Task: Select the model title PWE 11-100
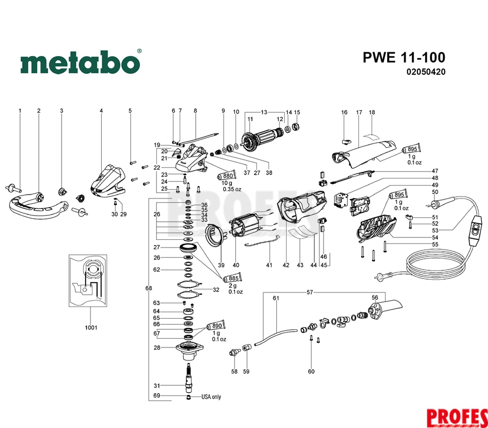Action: (404, 57)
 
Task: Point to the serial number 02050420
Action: (426, 72)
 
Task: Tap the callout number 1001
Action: (91, 328)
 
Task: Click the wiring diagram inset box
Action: (88, 280)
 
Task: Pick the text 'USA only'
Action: (211, 397)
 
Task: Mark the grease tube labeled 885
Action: (233, 278)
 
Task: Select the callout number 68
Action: (149, 288)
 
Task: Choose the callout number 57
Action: (310, 292)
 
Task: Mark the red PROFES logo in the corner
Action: (457, 417)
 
